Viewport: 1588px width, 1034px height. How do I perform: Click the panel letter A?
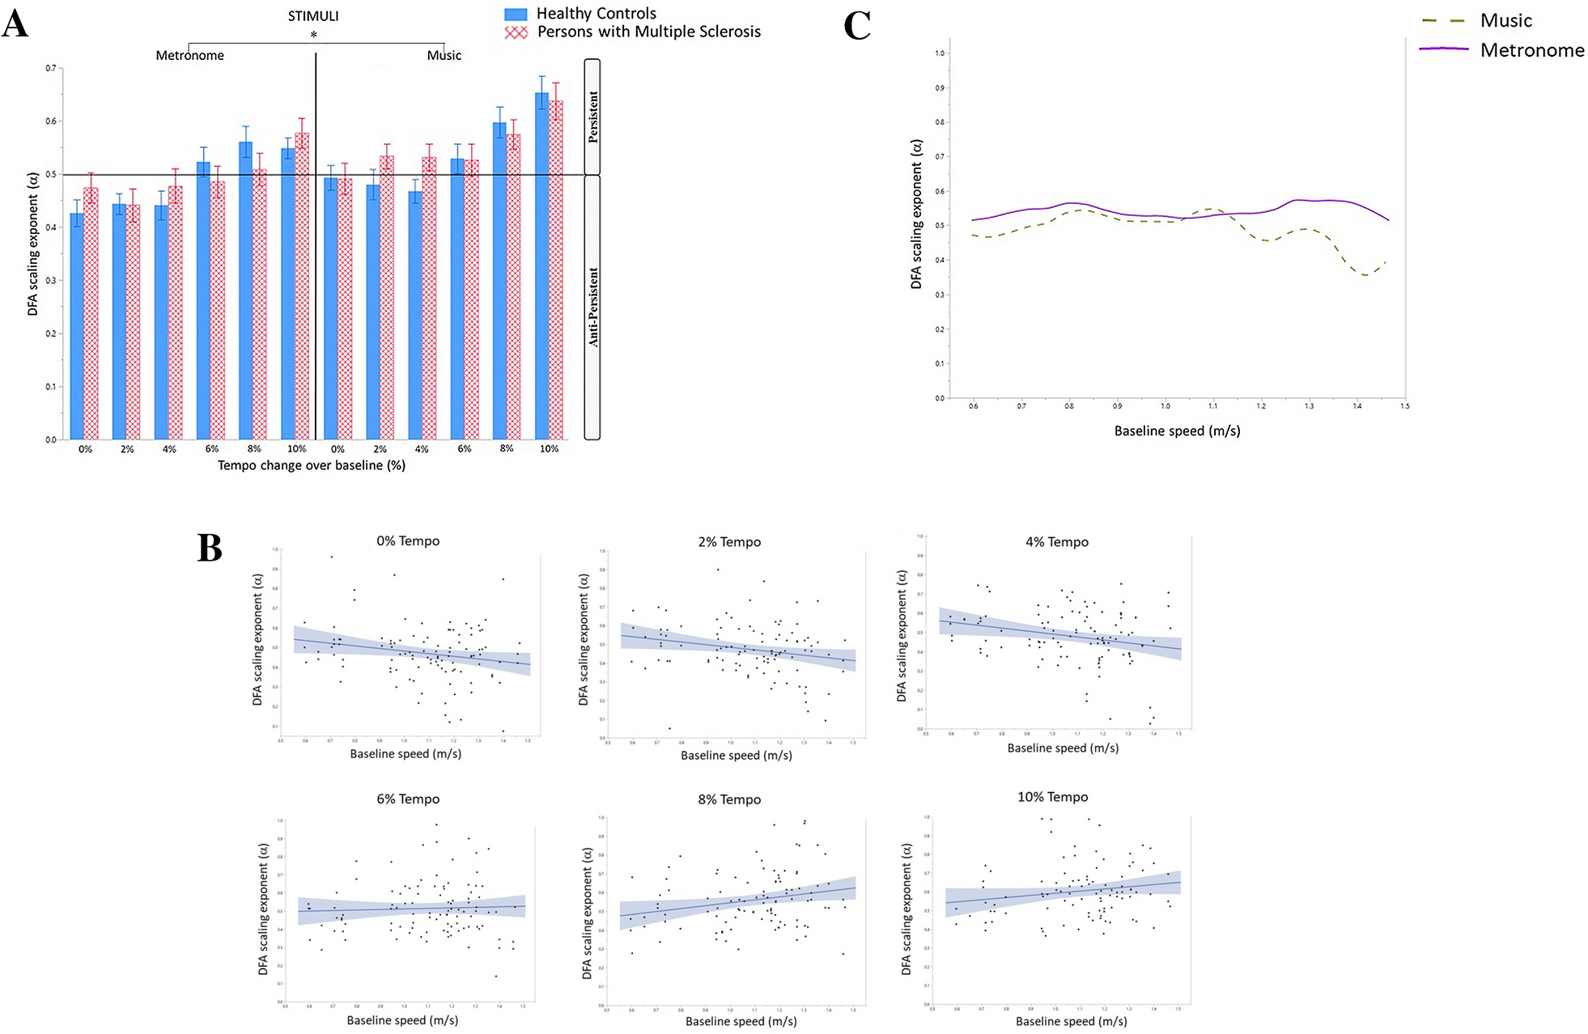click(15, 24)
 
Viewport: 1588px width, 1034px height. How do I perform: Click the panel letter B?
click(210, 549)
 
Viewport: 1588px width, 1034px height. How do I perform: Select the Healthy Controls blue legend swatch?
click(516, 14)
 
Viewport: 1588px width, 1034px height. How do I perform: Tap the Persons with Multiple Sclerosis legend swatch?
click(516, 32)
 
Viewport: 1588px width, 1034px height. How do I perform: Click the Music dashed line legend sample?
click(1443, 21)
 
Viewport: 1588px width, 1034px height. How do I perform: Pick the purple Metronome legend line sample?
click(1443, 49)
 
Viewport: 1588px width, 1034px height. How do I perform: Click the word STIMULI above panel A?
click(313, 16)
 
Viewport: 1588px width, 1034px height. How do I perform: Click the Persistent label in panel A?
click(593, 117)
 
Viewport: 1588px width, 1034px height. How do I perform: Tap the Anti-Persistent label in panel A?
click(593, 307)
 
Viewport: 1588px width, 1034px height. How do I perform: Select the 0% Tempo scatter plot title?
click(408, 541)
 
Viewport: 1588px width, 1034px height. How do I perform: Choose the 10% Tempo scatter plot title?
click(1052, 797)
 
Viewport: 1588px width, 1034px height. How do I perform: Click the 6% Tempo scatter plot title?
click(408, 799)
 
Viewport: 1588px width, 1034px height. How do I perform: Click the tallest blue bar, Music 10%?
click(541, 267)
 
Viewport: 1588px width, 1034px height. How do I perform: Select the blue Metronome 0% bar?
click(77, 327)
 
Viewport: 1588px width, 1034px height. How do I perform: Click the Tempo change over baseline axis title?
click(312, 465)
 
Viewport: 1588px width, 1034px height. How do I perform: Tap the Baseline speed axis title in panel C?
click(1177, 431)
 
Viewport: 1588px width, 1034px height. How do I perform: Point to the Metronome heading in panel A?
click(190, 56)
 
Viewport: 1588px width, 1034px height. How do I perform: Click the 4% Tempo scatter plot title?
click(1056, 542)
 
